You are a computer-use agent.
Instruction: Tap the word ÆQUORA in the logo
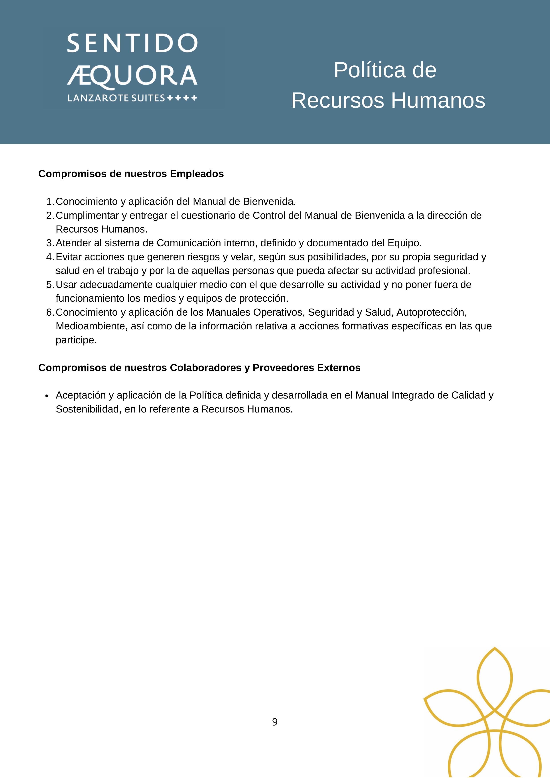(132, 76)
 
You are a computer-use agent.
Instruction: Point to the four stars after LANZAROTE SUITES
(182, 98)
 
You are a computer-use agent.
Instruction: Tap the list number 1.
(49, 202)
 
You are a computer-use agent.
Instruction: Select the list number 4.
(49, 257)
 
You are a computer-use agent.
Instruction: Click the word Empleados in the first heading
(197, 174)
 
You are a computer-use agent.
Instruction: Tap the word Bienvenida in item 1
(269, 202)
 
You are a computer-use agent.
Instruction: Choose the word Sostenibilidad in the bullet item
(87, 409)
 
